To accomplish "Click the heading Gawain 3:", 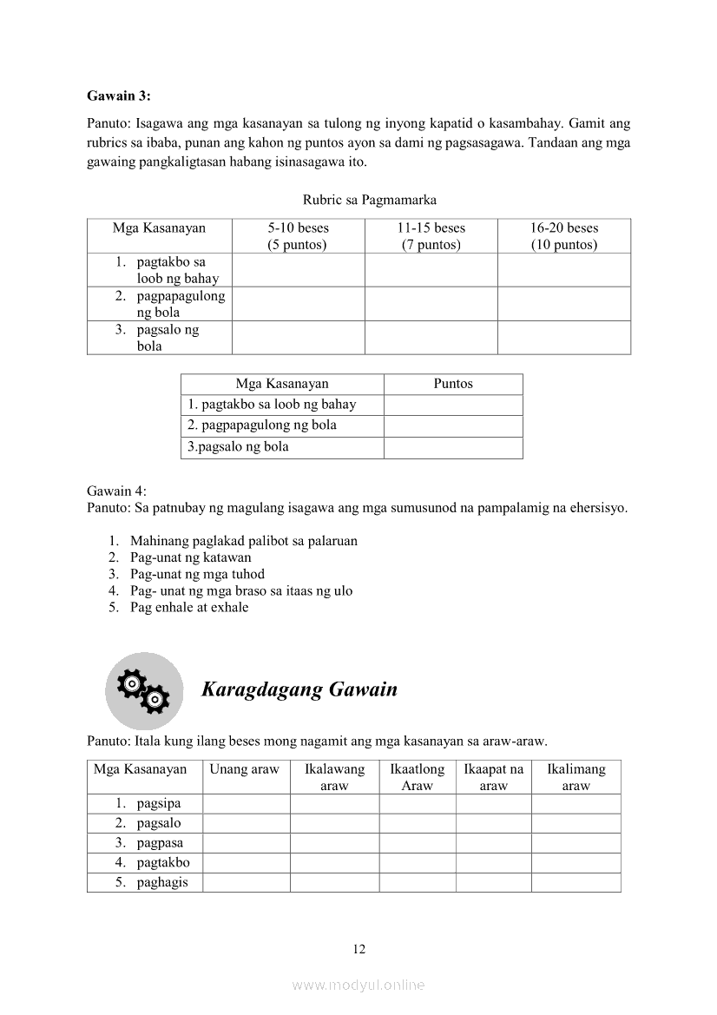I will click(x=119, y=96).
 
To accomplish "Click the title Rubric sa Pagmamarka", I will click(x=370, y=201).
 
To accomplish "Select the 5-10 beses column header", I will click(x=298, y=235).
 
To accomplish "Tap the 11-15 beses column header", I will click(x=431, y=235).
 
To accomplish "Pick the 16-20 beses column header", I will click(x=564, y=235).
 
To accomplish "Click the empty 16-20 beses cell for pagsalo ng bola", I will click(x=564, y=338).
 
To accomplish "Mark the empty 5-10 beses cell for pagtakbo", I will click(x=298, y=270).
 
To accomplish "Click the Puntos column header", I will click(x=453, y=384).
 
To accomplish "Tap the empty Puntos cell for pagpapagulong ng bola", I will click(x=453, y=425).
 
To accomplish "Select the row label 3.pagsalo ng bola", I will click(x=239, y=447).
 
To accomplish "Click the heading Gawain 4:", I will click(x=117, y=491).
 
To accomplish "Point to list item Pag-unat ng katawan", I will click(x=190, y=557).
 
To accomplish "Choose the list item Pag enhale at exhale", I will click(x=189, y=607).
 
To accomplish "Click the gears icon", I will click(x=144, y=690).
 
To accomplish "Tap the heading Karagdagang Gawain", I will click(x=299, y=690).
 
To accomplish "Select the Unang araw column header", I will click(x=246, y=769).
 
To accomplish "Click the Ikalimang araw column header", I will click(x=576, y=777).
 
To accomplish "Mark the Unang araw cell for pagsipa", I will click(x=246, y=803).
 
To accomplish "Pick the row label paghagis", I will click(x=162, y=882).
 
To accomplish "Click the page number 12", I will click(x=359, y=949).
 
